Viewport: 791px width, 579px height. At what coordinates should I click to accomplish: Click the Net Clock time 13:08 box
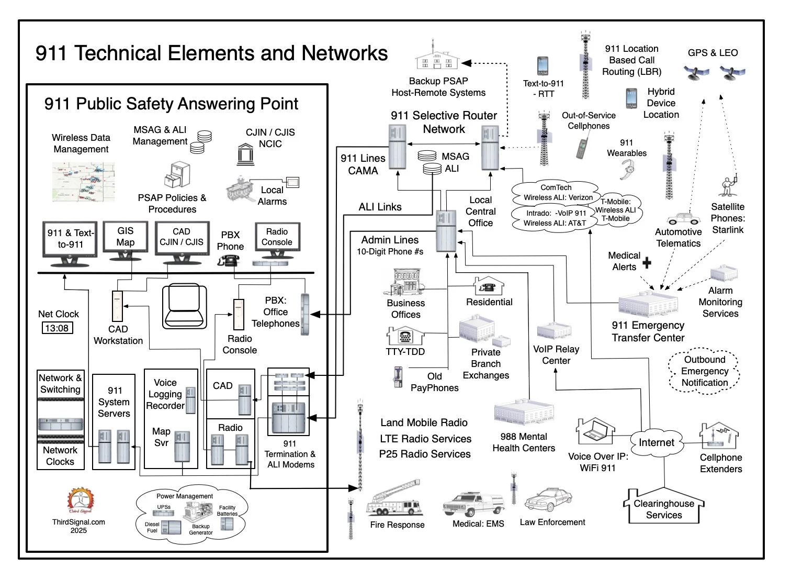coord(56,328)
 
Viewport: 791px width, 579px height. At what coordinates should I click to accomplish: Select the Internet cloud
coord(656,442)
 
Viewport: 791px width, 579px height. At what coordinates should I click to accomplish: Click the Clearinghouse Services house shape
coord(663,508)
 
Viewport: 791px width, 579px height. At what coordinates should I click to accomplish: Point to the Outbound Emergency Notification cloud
coord(704,371)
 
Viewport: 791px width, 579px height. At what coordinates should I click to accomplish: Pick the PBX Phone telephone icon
coord(229,260)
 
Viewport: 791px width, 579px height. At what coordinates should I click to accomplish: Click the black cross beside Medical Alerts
coord(647,262)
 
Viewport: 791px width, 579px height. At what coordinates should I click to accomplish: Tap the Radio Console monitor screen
coord(277,237)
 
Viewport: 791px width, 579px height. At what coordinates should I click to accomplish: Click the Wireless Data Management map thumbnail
coord(83,182)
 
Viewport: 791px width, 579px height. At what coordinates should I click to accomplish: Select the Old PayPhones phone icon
coord(399,376)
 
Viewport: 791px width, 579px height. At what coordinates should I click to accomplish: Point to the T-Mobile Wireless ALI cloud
coord(616,210)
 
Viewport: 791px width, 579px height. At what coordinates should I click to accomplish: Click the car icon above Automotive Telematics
coord(684,218)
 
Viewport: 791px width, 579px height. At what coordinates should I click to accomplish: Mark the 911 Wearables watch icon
coord(627,169)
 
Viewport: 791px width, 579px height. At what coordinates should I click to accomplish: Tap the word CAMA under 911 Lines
coord(363,171)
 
